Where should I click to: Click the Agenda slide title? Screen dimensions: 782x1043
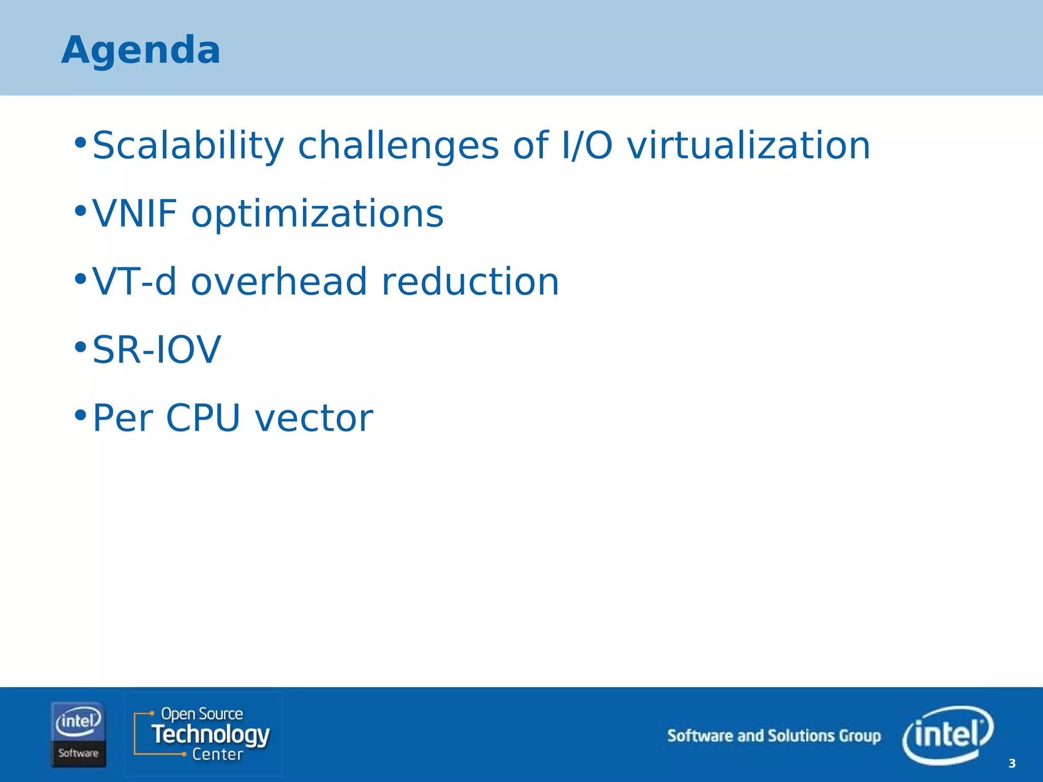click(141, 50)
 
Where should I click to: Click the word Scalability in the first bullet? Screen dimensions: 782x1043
click(187, 146)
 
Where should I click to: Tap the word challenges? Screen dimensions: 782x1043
click(398, 146)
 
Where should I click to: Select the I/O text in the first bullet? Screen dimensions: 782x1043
click(586, 146)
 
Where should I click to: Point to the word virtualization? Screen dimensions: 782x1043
click(748, 146)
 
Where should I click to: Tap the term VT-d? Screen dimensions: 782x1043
click(134, 282)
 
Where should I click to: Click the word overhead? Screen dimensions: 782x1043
click(279, 282)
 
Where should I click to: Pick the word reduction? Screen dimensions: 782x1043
click(470, 282)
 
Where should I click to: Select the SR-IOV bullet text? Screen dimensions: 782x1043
click(156, 350)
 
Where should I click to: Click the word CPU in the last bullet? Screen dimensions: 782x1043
click(203, 418)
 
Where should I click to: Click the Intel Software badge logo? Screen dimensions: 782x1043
click(78, 734)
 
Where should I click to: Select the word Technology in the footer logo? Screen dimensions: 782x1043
click(210, 734)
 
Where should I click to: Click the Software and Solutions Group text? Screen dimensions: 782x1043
click(774, 736)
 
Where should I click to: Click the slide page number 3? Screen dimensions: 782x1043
click(1011, 763)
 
